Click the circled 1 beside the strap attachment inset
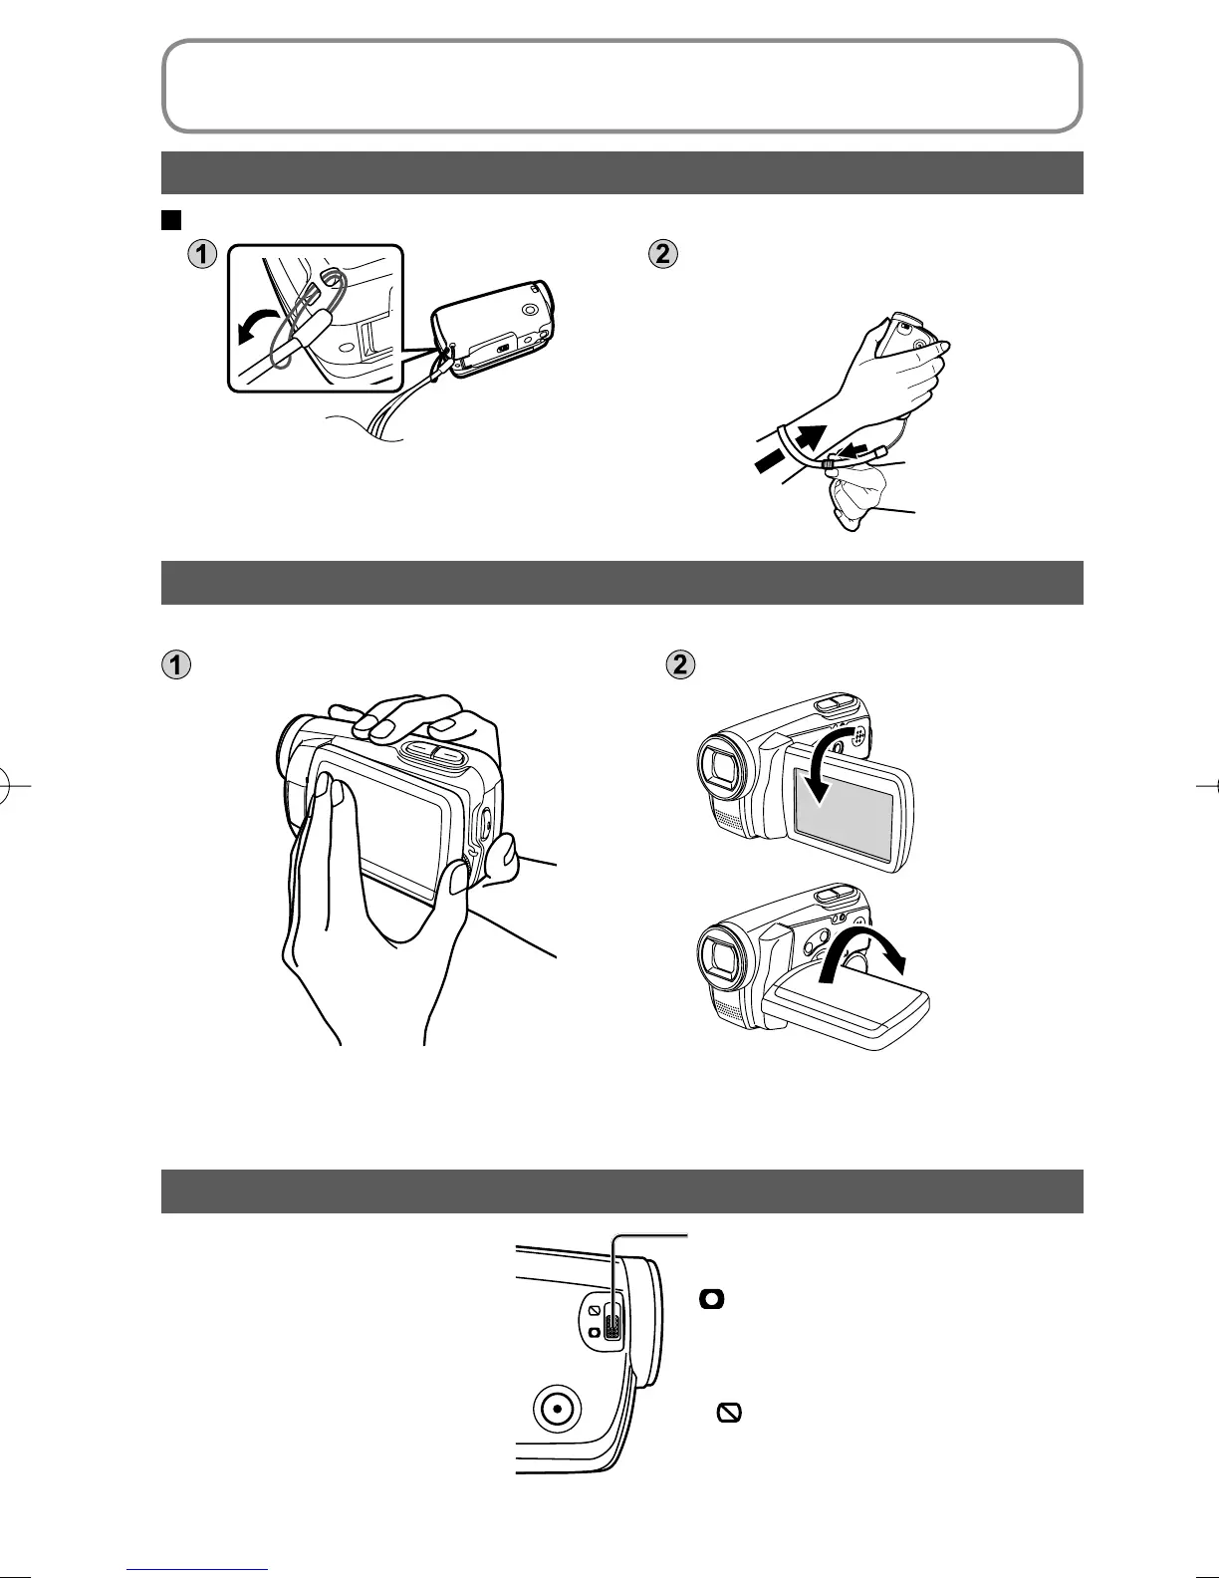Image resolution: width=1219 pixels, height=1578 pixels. pyautogui.click(x=202, y=255)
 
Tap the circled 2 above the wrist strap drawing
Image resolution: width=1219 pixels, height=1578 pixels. pyautogui.click(x=662, y=255)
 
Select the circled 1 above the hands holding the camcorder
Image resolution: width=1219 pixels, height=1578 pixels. pyautogui.click(x=176, y=664)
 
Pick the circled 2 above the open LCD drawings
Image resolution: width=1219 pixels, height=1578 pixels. pyautogui.click(x=680, y=664)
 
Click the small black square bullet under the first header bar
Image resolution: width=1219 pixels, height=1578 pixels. pyautogui.click(x=169, y=218)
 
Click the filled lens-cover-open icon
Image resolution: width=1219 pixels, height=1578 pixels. pyautogui.click(x=713, y=1299)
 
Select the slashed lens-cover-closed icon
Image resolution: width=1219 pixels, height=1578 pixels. pyautogui.click(x=729, y=1412)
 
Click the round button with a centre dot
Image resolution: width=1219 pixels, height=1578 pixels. pyautogui.click(x=557, y=1409)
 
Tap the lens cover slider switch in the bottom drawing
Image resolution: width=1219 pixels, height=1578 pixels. pyautogui.click(x=611, y=1321)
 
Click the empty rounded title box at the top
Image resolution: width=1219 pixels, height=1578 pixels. pyautogui.click(x=621, y=86)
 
